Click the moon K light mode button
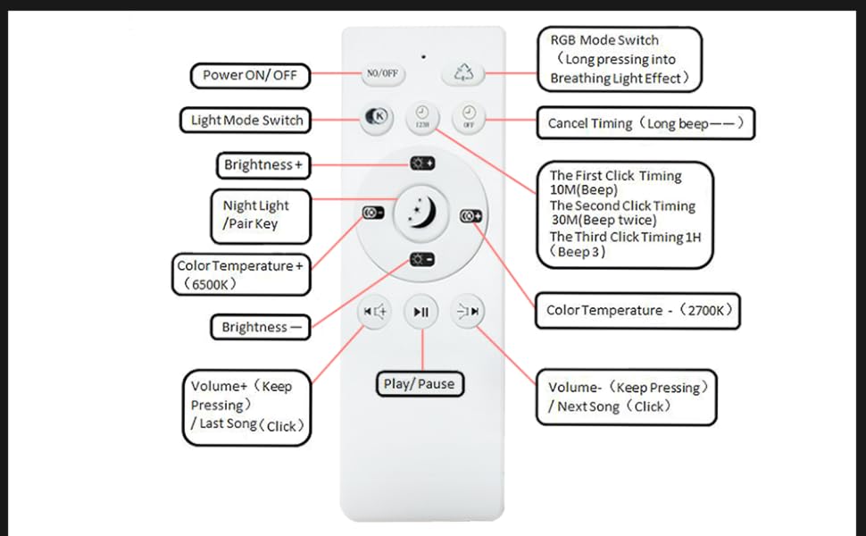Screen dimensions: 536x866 click(377, 118)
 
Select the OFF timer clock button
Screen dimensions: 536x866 click(468, 118)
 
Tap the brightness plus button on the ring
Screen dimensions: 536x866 click(421, 163)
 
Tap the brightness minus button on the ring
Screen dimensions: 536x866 click(421, 259)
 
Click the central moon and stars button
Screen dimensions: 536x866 click(421, 211)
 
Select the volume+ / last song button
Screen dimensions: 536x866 click(374, 311)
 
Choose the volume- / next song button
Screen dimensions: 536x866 click(467, 311)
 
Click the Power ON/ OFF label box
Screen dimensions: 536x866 click(250, 75)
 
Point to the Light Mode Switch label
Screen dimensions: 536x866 click(246, 120)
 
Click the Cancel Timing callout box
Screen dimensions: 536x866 click(645, 123)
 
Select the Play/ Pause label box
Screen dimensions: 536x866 click(419, 384)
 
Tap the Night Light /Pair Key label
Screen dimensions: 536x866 click(260, 215)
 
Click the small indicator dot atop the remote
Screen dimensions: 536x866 click(423, 56)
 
